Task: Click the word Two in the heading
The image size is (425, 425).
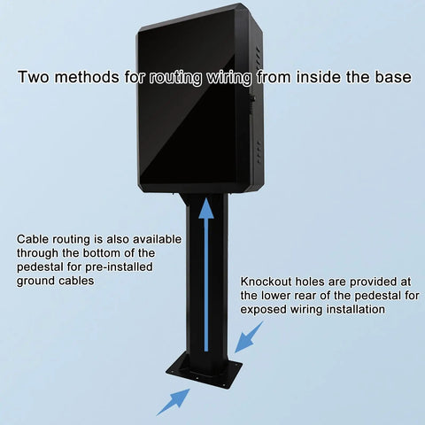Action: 33,77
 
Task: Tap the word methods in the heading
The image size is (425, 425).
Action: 87,77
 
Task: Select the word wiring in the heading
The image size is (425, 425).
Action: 228,77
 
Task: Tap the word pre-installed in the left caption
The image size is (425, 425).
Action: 119,267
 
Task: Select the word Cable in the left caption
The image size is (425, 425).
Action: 33,239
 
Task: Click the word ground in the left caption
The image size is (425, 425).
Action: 35,282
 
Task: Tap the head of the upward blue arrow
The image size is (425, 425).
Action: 206,209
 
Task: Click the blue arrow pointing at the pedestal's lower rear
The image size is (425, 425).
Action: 249,337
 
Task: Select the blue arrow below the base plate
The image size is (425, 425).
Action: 174,402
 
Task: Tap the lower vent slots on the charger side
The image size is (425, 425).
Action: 259,152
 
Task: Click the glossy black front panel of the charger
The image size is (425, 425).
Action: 189,109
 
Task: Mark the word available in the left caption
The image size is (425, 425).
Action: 157,239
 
